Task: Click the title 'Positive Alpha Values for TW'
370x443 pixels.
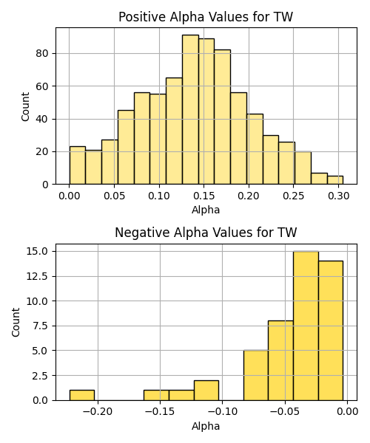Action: tap(206, 17)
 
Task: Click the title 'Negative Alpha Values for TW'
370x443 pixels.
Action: tap(206, 233)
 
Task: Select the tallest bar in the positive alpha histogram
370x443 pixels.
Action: tap(190, 109)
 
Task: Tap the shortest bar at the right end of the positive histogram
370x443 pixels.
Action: tap(335, 180)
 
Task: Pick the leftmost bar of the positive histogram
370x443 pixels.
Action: tap(77, 165)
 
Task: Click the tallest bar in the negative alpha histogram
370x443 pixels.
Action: tap(306, 326)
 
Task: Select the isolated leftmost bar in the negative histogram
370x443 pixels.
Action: tap(82, 395)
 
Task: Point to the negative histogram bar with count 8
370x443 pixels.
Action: tap(280, 360)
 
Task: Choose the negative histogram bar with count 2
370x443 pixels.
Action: tap(206, 391)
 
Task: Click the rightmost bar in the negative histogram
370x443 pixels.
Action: tap(331, 331)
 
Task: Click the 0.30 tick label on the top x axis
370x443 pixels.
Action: tap(339, 196)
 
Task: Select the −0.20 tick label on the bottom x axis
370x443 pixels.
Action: tap(98, 412)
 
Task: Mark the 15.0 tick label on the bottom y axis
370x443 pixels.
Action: tap(37, 251)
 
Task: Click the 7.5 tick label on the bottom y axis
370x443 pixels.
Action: tap(40, 326)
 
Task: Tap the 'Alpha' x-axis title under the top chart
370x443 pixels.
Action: tap(206, 210)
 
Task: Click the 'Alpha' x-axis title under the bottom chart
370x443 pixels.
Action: tap(206, 426)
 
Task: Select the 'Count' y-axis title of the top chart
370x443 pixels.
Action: tap(25, 106)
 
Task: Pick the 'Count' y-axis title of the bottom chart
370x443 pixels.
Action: tap(16, 323)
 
